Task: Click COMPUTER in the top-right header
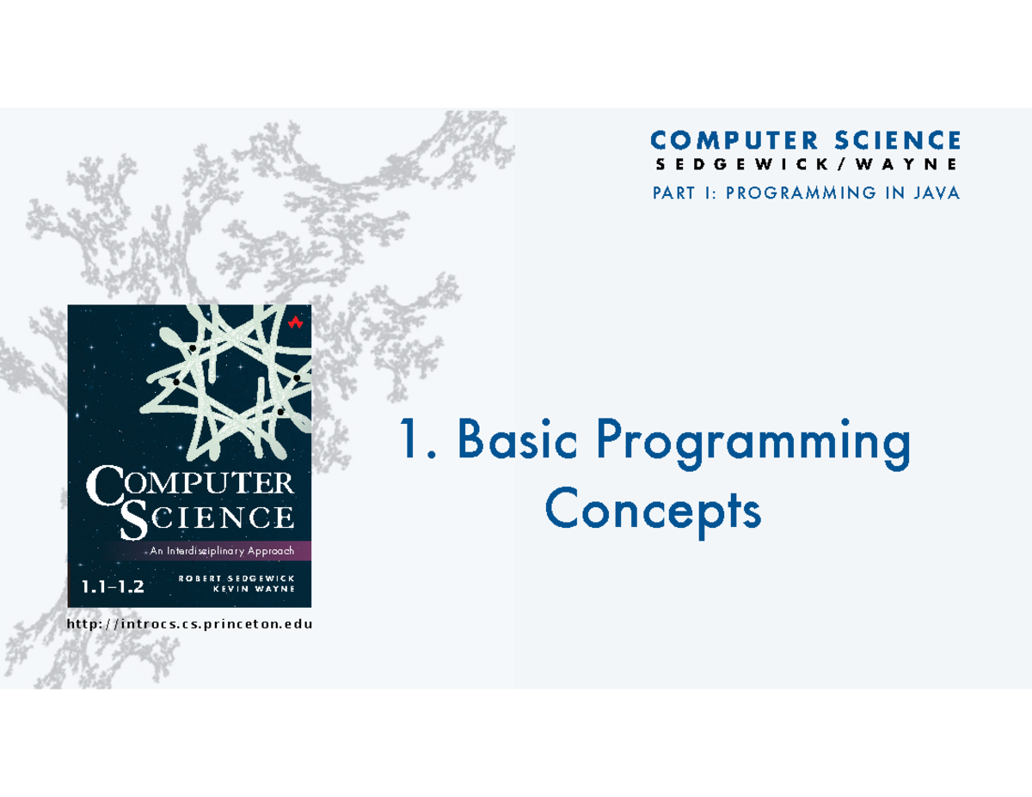(727, 140)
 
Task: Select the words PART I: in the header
(685, 193)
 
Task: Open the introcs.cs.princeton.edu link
(189, 624)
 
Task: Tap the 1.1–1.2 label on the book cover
(113, 588)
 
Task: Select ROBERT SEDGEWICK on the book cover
(236, 578)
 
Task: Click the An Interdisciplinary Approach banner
(222, 551)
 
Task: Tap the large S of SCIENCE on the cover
(136, 519)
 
